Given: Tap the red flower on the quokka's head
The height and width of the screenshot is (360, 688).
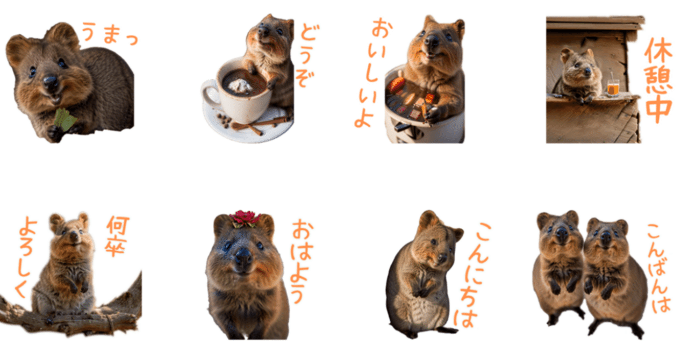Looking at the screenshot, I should pos(245,218).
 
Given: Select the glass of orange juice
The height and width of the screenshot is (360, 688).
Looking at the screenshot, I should pos(613,87).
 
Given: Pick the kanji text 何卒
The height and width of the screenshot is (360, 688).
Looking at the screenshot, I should pos(117,236).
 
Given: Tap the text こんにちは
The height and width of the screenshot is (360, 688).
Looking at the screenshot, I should pos(473,274).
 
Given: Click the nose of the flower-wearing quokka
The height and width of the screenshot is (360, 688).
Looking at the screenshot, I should pos(243,257).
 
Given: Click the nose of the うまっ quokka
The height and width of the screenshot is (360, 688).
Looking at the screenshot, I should pos(51,82).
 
